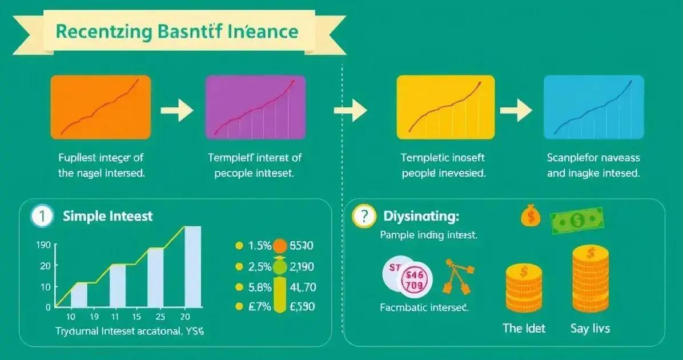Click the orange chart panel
click(101, 107)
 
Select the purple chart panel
click(255, 107)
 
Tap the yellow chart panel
click(445, 107)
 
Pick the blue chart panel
click(594, 107)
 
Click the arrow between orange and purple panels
click(177, 111)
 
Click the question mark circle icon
click(364, 217)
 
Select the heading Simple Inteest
click(108, 216)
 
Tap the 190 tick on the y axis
click(44, 245)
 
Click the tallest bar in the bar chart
click(192, 266)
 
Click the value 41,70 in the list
click(303, 287)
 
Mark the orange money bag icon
click(530, 215)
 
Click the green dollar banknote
click(577, 220)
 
